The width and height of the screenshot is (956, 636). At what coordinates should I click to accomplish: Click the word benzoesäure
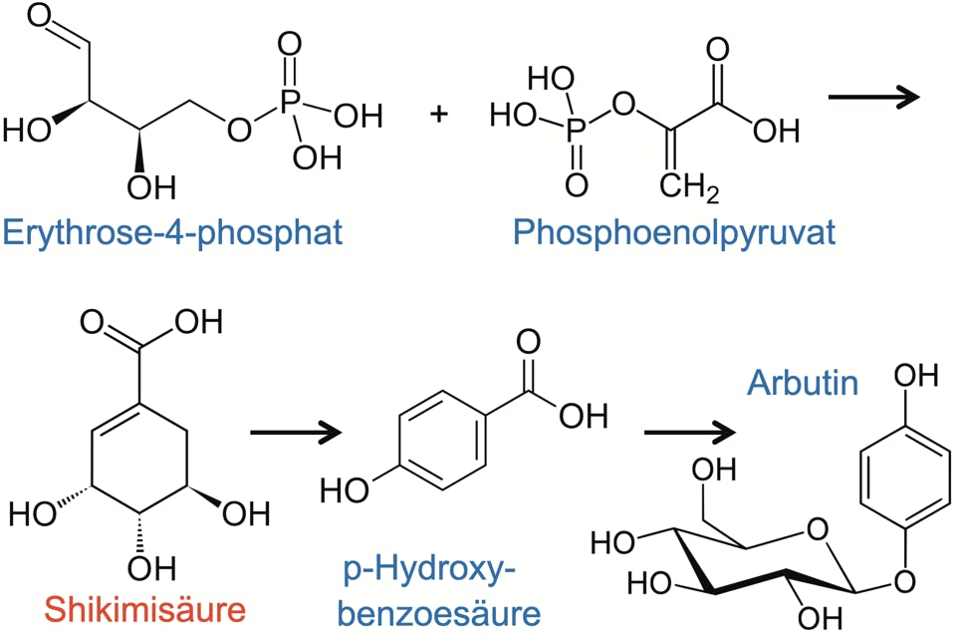point(442,611)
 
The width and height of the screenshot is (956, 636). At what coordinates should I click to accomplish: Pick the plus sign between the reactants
point(439,114)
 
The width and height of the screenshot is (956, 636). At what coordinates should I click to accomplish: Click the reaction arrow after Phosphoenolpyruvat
point(873,98)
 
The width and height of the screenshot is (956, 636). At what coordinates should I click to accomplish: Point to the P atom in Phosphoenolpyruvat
point(577,129)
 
